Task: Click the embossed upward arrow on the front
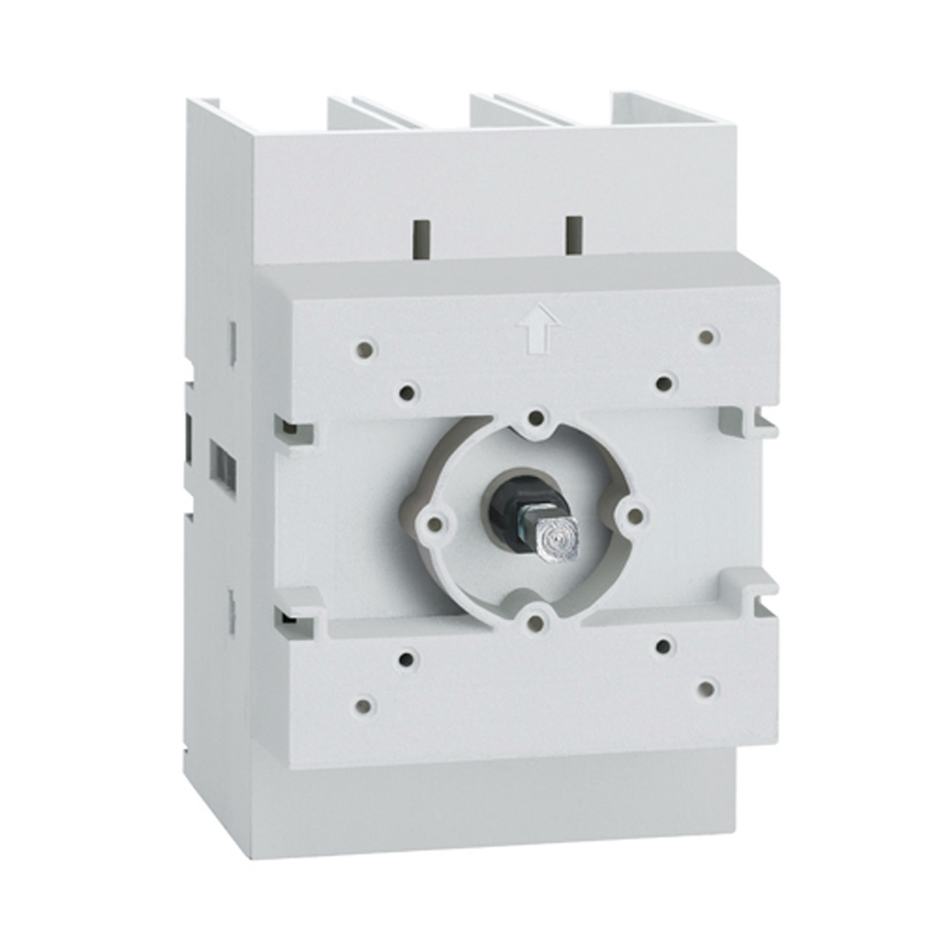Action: [538, 326]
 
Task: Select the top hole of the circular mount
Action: [537, 419]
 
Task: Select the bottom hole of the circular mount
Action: [537, 623]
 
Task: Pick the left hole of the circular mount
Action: [436, 524]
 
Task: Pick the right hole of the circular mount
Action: [635, 516]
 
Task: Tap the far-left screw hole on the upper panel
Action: [365, 348]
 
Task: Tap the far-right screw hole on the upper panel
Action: [706, 336]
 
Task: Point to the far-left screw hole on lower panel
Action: [364, 705]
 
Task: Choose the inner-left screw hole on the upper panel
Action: [408, 392]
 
